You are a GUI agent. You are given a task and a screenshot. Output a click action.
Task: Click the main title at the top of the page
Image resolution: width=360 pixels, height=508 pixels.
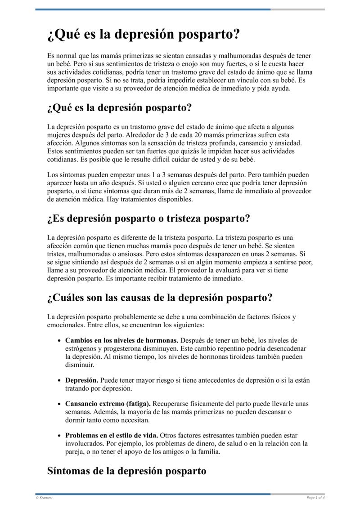(143, 35)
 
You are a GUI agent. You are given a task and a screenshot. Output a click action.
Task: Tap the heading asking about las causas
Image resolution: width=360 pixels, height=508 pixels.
(160, 298)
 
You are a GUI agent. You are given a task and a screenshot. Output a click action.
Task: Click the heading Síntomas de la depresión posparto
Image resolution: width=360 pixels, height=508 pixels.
(126, 471)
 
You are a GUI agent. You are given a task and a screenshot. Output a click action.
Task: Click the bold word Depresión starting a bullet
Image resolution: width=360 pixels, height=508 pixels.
(81, 380)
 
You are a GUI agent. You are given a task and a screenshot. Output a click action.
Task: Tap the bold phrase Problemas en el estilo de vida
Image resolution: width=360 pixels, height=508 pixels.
(112, 436)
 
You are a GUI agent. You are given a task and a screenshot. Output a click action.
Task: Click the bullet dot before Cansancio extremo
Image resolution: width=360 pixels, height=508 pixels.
(59, 404)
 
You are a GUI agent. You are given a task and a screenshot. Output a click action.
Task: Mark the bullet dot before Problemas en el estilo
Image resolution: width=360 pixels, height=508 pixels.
(59, 436)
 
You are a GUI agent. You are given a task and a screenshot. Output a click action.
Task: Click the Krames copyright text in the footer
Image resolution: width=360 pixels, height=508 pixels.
(44, 498)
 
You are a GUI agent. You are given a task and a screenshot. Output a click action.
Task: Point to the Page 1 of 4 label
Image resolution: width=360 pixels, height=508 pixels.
(315, 498)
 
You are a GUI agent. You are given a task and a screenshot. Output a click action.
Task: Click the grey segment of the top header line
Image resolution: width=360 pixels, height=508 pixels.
(297, 9)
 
